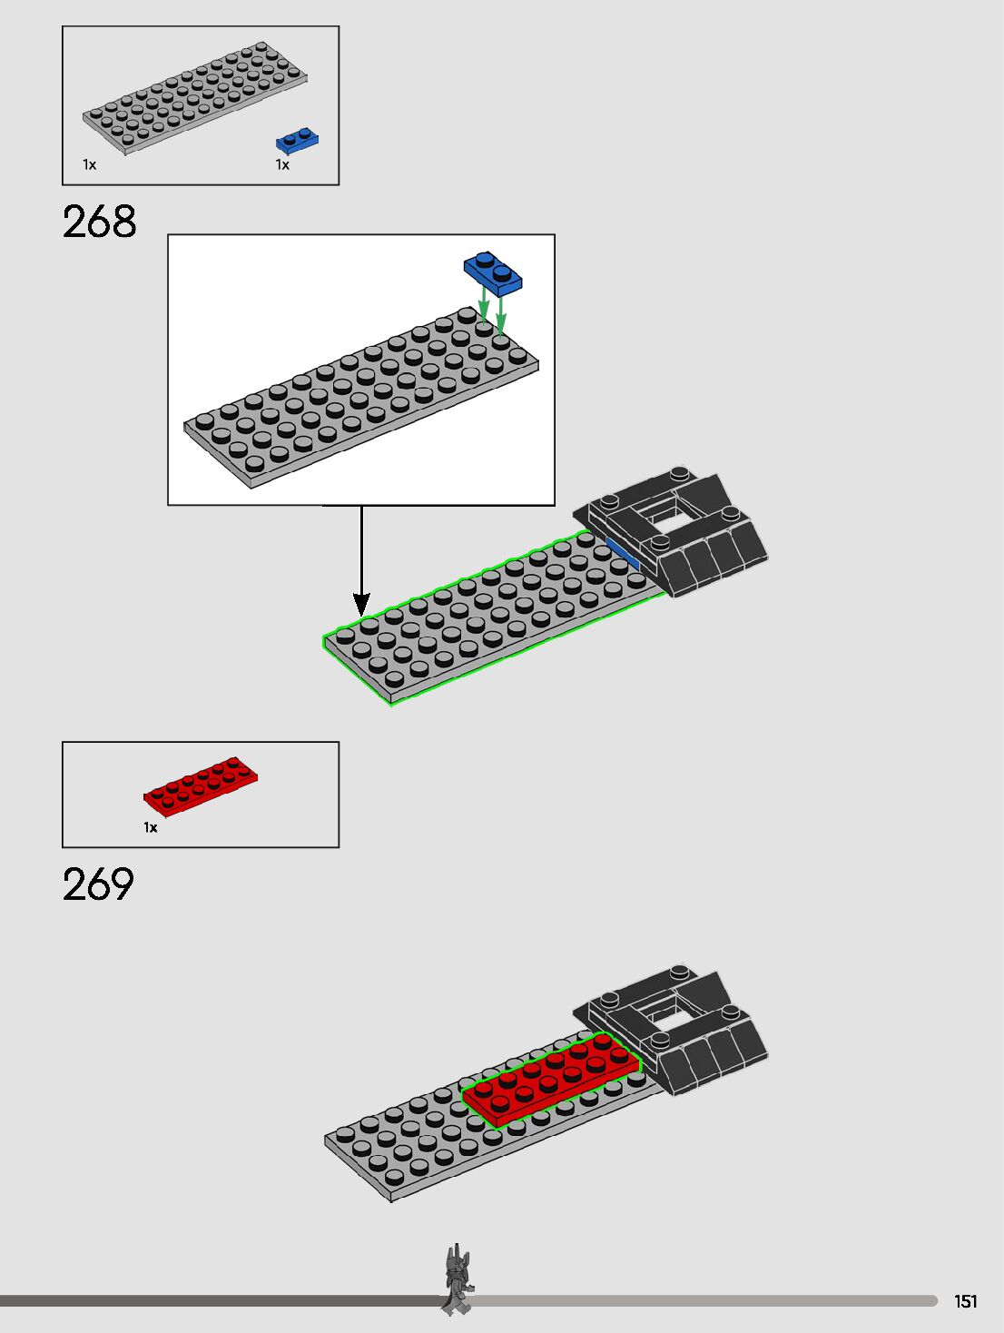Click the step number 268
click(99, 222)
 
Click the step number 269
click(98, 884)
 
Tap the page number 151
click(966, 1301)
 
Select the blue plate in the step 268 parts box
click(297, 140)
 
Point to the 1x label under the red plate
click(151, 827)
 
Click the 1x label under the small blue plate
click(282, 165)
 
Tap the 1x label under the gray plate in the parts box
click(89, 165)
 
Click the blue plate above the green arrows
click(493, 272)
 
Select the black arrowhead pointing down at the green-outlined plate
click(361, 604)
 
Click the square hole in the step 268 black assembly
click(670, 520)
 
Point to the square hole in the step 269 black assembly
click(670, 1022)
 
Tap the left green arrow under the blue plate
click(485, 307)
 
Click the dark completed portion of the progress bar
click(218, 1301)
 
